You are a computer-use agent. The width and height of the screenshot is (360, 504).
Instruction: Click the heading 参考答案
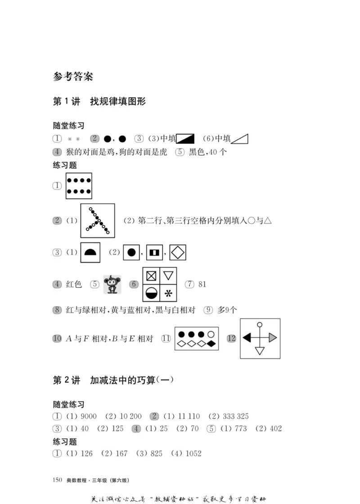coord(73,76)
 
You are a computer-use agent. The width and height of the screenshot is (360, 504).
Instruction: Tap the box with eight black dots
coord(79,186)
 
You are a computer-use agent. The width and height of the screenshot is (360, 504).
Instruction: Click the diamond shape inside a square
coord(178,252)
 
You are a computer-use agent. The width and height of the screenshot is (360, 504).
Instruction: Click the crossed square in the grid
coord(151,275)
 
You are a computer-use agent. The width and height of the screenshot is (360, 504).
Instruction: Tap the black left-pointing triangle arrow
coord(247,338)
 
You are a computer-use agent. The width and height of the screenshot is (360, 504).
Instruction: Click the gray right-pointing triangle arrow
coord(273,338)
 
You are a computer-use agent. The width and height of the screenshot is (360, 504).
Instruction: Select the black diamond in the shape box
coord(211,344)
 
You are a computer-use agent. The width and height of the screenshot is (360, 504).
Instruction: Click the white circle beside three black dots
coord(211,334)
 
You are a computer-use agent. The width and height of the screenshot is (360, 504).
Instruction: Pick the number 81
coord(202,284)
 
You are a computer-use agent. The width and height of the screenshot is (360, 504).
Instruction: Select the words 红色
coord(74,284)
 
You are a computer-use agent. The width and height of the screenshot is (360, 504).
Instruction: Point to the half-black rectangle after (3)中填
coord(185,139)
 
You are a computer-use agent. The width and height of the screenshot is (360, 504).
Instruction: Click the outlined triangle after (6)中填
coord(240,139)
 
